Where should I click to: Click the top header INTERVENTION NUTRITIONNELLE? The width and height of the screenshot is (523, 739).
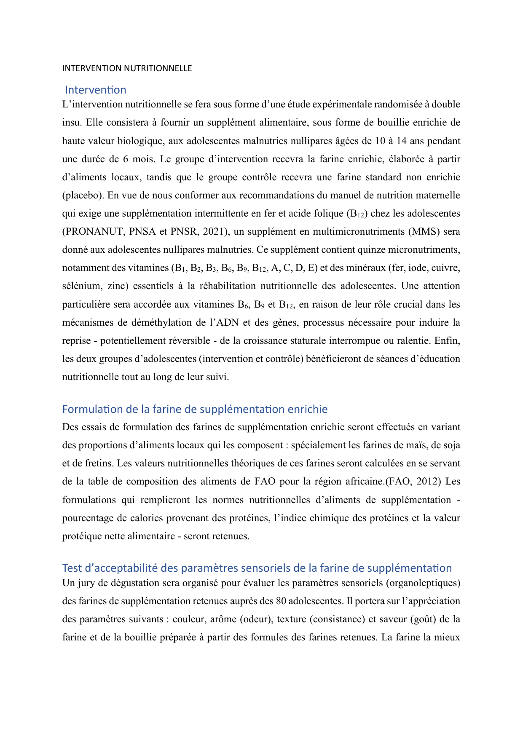coord(127,68)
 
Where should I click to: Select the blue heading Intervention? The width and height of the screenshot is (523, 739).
coord(96,90)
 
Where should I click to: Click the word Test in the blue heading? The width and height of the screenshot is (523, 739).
coord(72,568)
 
